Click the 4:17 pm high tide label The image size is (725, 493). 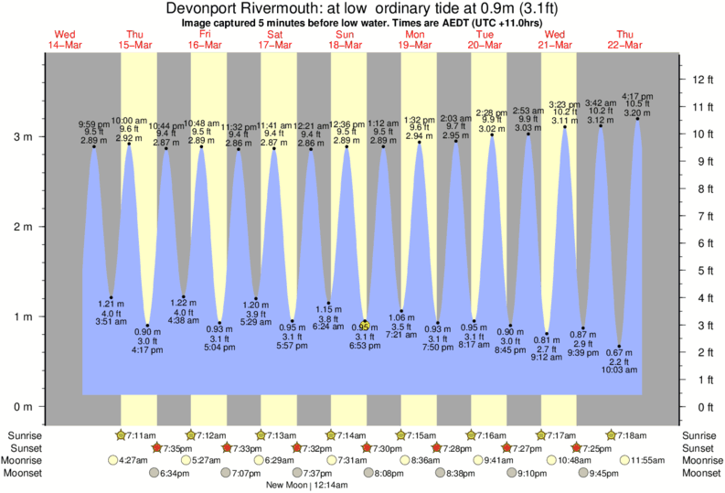click(636, 95)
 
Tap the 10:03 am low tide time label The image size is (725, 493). click(620, 370)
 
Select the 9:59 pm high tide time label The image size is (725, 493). click(92, 124)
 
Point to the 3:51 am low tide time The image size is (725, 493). click(111, 320)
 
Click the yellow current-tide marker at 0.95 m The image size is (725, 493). click(364, 324)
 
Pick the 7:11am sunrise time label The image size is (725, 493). click(143, 434)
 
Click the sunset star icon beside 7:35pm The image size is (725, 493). click(156, 447)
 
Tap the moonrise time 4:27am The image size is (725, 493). click(134, 460)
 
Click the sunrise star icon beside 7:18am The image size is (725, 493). click(613, 434)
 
